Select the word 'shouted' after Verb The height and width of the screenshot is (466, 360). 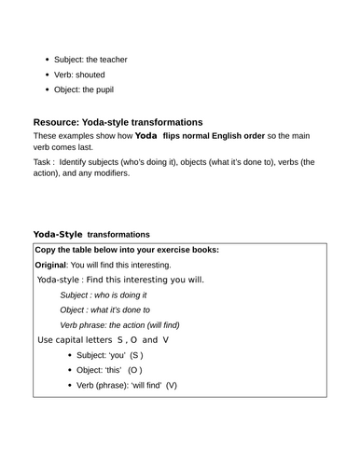point(90,75)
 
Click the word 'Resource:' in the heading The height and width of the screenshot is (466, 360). point(64,122)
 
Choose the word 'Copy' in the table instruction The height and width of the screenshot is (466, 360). point(46,250)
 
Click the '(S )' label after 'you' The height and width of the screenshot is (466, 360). point(136,355)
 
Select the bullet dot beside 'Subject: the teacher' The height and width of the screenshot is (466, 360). point(47,60)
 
